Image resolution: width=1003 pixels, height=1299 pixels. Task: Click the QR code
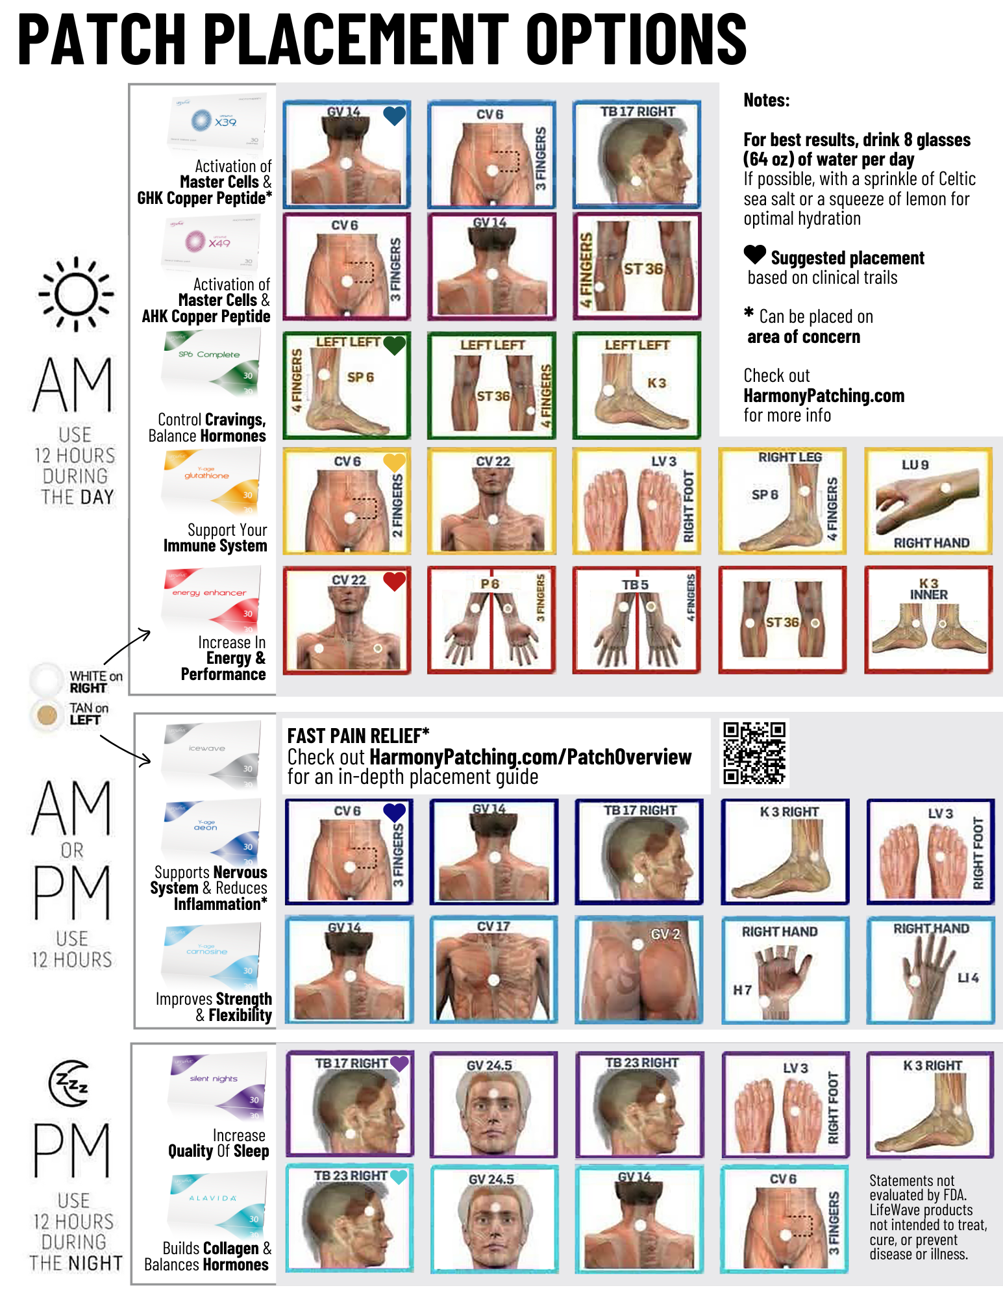point(754,753)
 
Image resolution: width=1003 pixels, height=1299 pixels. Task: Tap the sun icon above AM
point(76,294)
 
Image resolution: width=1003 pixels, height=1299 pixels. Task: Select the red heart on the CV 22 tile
point(394,581)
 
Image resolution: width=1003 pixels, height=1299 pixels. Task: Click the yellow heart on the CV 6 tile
point(394,462)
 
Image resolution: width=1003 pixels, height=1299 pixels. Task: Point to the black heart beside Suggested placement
point(755,255)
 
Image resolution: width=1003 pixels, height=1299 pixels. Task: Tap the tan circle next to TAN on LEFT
point(47,714)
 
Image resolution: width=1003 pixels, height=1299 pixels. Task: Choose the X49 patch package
point(211,243)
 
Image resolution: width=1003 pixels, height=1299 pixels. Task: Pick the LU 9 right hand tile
point(928,501)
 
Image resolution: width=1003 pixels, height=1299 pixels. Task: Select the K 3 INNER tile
point(928,620)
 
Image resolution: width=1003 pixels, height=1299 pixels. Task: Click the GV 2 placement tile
point(639,969)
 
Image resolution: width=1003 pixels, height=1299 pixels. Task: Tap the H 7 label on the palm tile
point(742,990)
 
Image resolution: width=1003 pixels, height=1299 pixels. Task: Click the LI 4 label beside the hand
point(968,977)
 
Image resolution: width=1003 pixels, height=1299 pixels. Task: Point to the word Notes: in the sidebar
point(767,101)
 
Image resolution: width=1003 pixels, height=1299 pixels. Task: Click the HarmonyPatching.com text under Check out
point(824,396)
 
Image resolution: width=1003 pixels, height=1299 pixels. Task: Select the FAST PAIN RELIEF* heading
point(358,735)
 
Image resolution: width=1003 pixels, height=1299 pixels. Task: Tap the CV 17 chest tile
point(493,969)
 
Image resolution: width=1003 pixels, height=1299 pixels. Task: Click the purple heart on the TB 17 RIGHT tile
point(399,1063)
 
